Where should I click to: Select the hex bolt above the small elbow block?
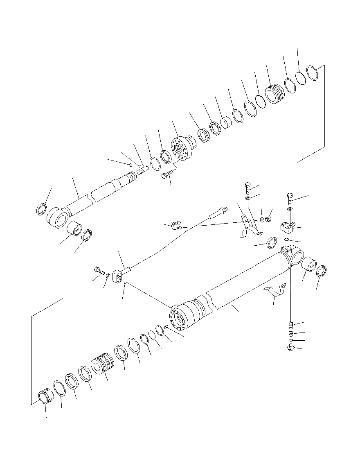(x=290, y=199)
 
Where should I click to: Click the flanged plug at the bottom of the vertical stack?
(x=290, y=348)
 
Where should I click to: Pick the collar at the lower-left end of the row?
(x=45, y=398)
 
